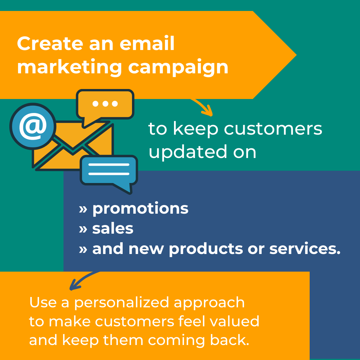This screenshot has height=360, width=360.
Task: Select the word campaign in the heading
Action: tap(178, 67)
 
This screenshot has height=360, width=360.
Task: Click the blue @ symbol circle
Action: tap(33, 126)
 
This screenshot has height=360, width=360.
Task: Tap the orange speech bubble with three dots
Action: tap(105, 104)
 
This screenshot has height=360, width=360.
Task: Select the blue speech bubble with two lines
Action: tap(109, 170)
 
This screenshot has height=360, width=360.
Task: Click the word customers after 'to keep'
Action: tap(273, 129)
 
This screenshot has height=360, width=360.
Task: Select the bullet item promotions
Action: tap(140, 208)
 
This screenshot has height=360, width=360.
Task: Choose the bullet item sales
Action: tap(113, 229)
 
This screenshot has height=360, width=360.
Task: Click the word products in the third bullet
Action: tap(206, 249)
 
